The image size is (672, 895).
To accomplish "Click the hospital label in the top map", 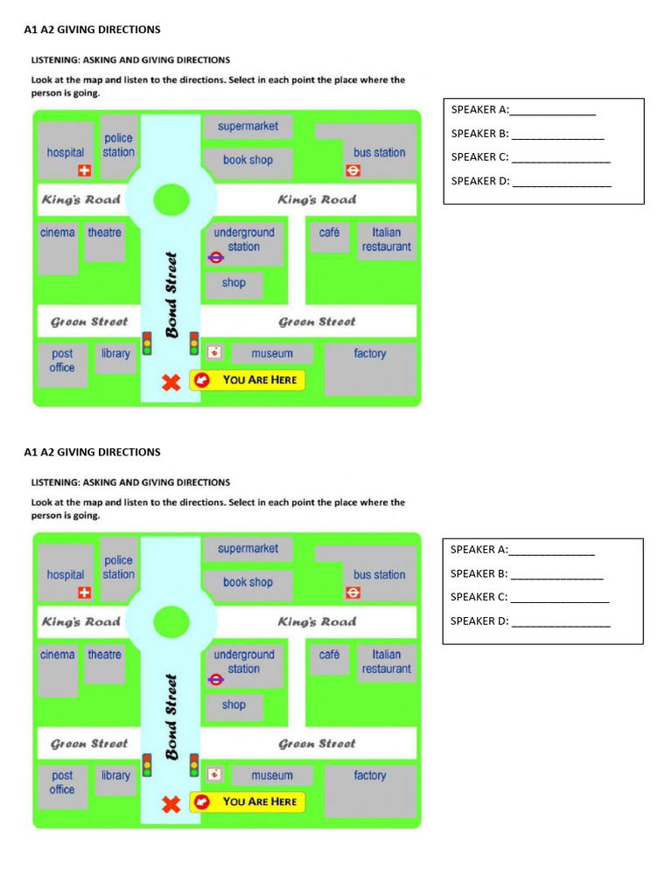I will tap(66, 152).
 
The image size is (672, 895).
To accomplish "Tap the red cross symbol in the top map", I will tap(85, 170).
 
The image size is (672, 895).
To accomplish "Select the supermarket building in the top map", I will tap(248, 127).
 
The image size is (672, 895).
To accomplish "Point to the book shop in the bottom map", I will tap(248, 582).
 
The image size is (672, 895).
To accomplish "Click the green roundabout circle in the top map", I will tap(171, 200).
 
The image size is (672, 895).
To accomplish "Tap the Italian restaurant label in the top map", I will tap(386, 239).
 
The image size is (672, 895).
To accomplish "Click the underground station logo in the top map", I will tap(216, 257).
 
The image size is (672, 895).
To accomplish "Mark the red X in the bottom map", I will tap(171, 803).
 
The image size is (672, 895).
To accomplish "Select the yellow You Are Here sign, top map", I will tap(248, 380).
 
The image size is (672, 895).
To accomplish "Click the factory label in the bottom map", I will tap(370, 775).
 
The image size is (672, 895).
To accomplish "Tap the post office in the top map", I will tap(62, 360).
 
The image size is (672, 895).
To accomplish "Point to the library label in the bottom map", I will tap(115, 775).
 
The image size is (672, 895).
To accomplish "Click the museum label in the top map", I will tap(272, 353).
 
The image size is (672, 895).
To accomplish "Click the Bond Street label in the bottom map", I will tap(172, 717).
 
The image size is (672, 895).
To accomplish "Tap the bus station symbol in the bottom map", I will tap(353, 593).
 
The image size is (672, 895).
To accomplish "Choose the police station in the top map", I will tap(118, 145).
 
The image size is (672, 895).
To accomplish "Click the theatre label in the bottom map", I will tap(104, 655).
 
